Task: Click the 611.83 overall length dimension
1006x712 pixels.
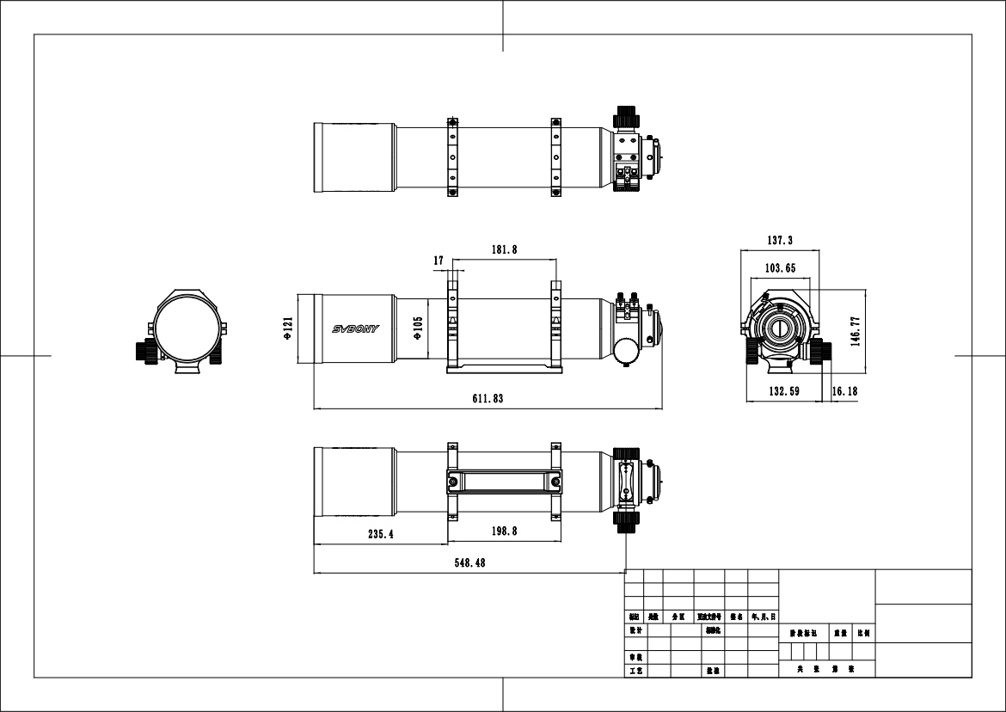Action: (487, 398)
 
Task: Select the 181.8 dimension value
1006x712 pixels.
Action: (504, 249)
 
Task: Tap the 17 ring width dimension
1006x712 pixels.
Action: (439, 260)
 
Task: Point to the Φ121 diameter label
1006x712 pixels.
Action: (288, 329)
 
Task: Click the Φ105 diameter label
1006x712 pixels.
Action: (418, 330)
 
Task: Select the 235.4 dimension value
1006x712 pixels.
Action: (380, 534)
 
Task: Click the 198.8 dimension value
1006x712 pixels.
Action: (504, 531)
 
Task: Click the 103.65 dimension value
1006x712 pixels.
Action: (779, 268)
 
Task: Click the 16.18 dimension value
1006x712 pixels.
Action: (844, 391)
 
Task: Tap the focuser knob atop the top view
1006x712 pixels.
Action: (625, 116)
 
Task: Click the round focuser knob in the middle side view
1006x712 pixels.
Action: (627, 351)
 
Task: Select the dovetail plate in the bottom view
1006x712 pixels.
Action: (505, 482)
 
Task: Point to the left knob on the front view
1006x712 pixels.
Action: (144, 350)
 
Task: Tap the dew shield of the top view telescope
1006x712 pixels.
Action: (355, 158)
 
